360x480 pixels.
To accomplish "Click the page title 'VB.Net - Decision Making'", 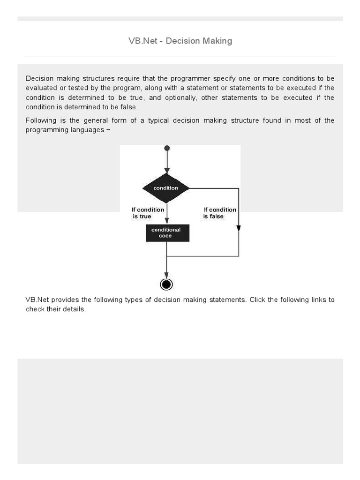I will tap(180, 41).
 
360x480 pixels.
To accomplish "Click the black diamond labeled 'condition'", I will tap(166, 188).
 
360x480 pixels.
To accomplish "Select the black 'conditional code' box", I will tap(167, 233).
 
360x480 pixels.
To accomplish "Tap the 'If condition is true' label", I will tap(148, 213).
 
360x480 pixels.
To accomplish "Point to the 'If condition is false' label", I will tap(219, 213).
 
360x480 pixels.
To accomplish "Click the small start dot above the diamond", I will tap(167, 148).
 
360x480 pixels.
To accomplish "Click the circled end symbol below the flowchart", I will tap(166, 285).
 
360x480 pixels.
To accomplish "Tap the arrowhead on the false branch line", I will tap(239, 228).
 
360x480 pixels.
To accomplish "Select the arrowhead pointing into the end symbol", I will tap(166, 275).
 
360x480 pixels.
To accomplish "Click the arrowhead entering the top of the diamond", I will tap(167, 170).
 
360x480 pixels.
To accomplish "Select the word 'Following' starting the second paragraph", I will tap(40, 120).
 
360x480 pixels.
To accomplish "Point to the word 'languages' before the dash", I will tap(88, 130).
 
